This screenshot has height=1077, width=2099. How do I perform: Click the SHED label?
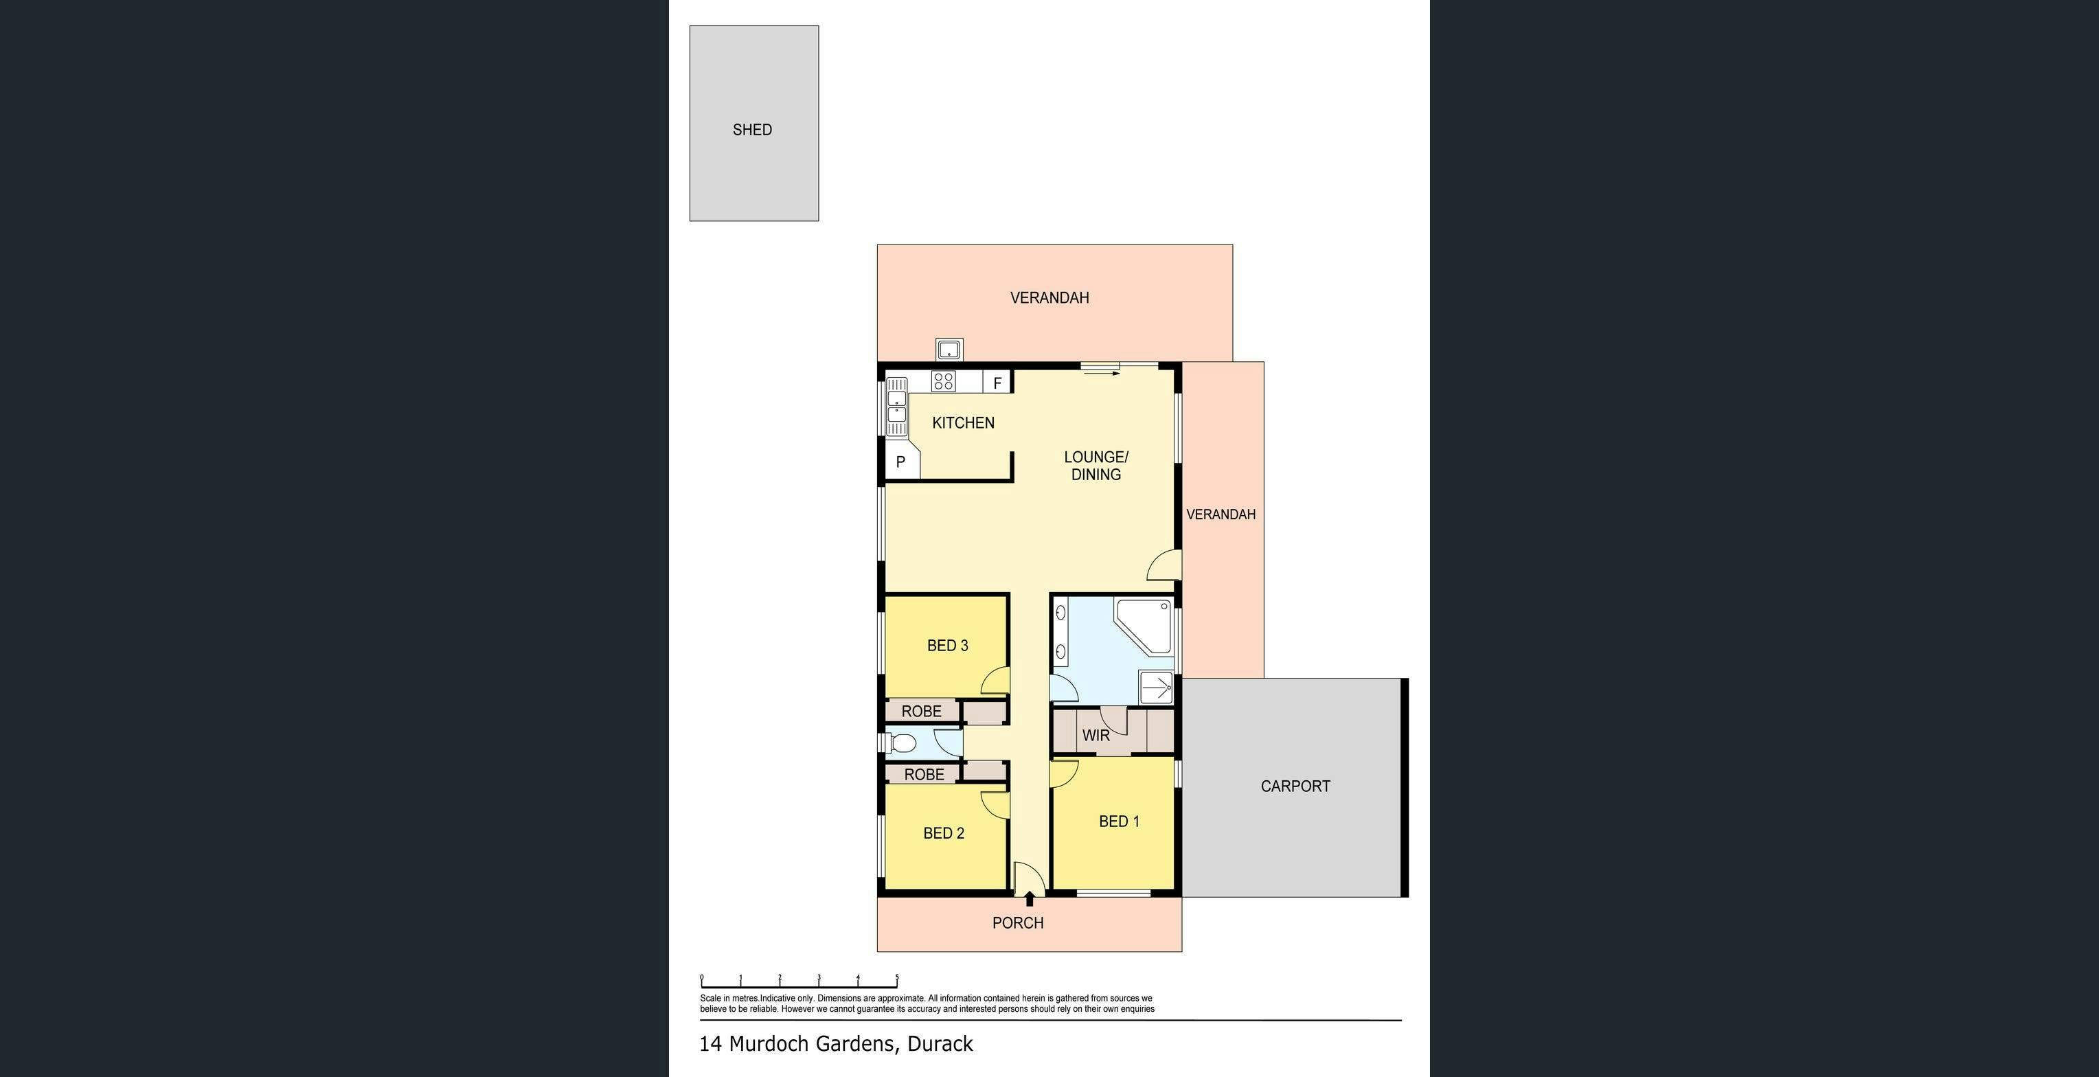752,130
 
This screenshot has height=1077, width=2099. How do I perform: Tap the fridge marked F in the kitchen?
997,382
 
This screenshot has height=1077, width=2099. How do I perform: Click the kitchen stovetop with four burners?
944,381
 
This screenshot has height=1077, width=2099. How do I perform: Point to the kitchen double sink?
896,407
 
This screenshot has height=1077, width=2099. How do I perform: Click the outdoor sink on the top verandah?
949,350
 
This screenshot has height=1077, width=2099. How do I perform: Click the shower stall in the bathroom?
1155,688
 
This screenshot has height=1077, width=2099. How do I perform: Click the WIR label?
1096,736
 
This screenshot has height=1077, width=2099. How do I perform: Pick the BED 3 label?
948,646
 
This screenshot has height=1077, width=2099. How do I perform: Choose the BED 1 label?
1119,821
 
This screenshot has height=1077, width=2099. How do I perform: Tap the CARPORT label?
1295,786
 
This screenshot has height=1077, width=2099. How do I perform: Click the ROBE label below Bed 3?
922,711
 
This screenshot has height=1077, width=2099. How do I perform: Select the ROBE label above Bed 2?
924,774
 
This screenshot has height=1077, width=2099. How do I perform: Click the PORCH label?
1018,923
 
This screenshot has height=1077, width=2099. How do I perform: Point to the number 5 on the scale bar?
897,977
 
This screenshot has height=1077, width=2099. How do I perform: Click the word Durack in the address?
940,1043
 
